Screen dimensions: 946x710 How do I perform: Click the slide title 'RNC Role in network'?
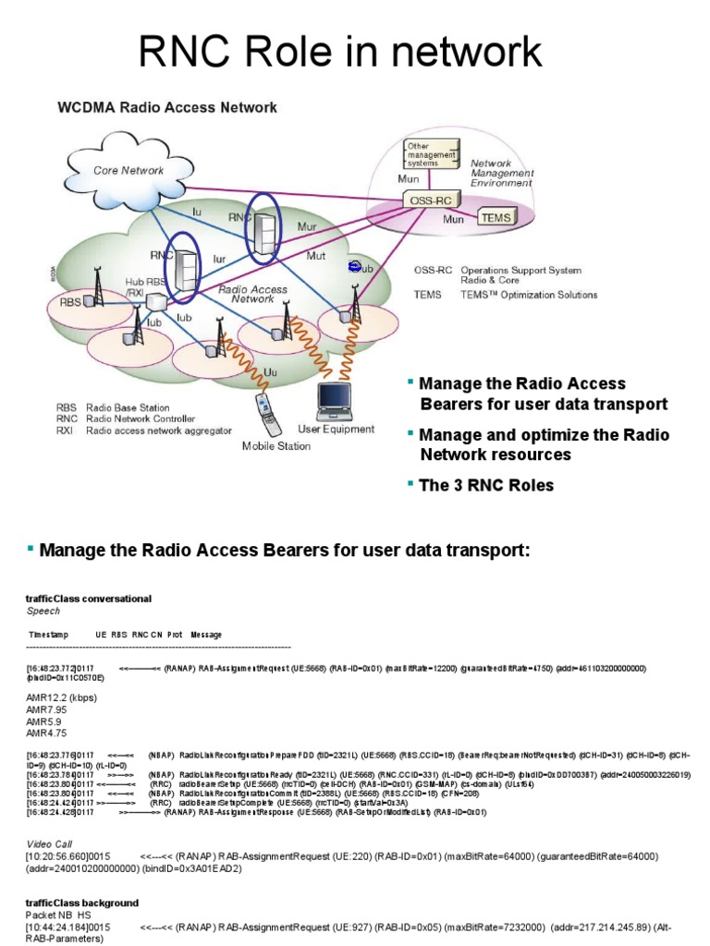tap(354, 52)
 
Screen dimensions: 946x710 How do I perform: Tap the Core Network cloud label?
tap(129, 170)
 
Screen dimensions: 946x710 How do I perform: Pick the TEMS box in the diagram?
tap(493, 218)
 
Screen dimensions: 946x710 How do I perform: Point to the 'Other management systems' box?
tap(431, 155)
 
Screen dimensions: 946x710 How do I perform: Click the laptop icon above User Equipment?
tap(334, 398)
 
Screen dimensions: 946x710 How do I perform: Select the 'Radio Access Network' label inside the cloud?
tap(252, 294)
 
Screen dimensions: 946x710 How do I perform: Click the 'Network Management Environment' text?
tap(503, 173)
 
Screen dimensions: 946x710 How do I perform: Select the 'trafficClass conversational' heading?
tap(89, 599)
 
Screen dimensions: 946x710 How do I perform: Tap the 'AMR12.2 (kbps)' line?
tap(61, 697)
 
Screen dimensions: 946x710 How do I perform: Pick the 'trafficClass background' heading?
tap(82, 903)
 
